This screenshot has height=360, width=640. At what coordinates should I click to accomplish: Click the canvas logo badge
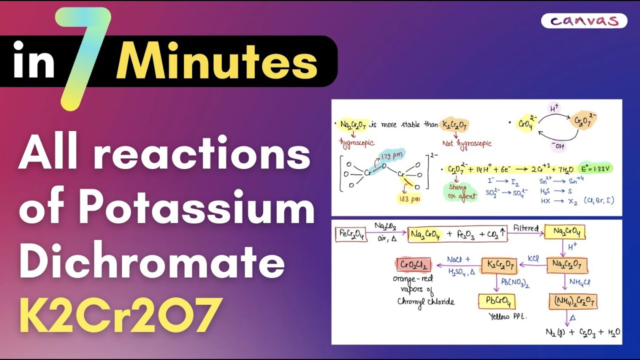(x=583, y=21)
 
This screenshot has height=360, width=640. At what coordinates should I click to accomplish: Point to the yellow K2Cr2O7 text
(x=120, y=315)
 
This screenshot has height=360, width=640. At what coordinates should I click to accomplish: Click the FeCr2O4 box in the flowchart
(x=351, y=233)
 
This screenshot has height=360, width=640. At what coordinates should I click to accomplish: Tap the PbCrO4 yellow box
(x=496, y=301)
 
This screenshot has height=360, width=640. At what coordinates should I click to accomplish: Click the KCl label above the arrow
(x=533, y=259)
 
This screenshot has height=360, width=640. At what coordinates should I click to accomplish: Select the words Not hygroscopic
(x=467, y=143)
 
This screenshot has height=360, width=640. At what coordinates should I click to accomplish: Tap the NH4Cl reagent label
(x=579, y=282)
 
